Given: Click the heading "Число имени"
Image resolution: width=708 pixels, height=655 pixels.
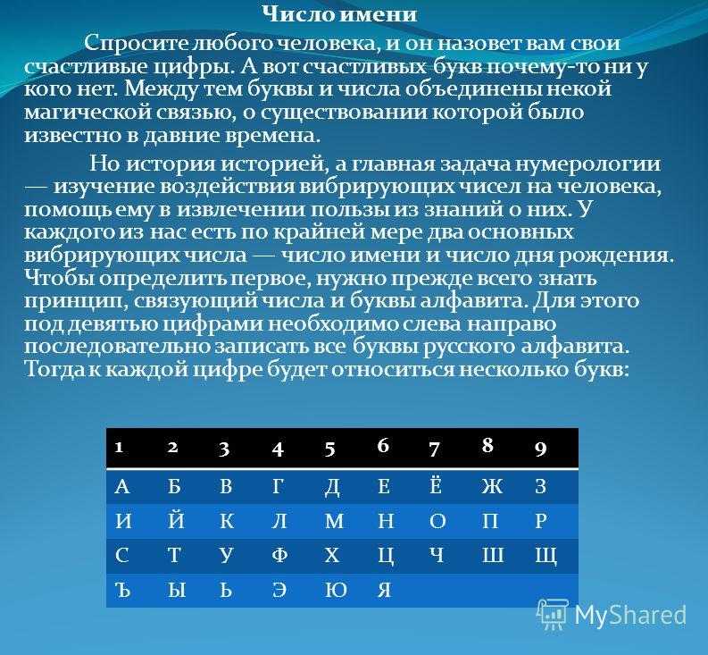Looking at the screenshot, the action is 339,15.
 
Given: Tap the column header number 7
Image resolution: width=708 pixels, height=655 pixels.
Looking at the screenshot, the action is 434,449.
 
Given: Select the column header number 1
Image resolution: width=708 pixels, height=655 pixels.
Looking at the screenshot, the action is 119,447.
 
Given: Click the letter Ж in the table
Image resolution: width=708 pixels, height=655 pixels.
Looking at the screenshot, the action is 492,486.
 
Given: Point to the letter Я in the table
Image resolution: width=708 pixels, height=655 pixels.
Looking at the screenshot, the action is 384,590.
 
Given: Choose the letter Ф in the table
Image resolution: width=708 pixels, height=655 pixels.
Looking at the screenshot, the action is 279,555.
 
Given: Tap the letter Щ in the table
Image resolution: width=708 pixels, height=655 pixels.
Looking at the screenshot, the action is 546,557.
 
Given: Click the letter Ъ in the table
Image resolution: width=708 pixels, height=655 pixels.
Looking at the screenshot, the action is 123,590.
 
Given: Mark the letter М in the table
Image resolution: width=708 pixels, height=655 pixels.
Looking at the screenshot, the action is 334,521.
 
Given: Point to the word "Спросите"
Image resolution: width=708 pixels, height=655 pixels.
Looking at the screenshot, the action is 137,45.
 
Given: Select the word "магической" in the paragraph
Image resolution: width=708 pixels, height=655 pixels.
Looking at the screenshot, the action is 87,113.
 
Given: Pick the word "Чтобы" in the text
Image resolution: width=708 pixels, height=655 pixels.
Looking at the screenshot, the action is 57,278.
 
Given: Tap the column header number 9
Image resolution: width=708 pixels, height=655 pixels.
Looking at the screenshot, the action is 540,449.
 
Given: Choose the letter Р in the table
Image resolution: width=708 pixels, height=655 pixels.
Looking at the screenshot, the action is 541,521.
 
